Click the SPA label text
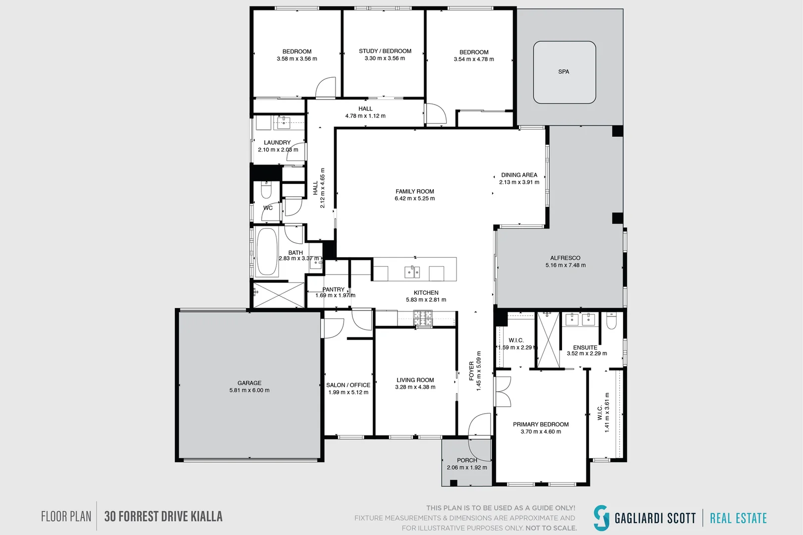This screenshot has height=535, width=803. pos(564,72)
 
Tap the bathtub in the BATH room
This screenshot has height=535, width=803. pos(267,252)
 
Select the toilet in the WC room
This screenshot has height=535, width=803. pos(266,190)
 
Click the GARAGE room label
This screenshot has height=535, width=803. pos(249,383)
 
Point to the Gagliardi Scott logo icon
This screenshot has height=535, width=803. pos(601,518)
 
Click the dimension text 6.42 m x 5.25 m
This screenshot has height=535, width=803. pos(415,198)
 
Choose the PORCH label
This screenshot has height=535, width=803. pos(467,460)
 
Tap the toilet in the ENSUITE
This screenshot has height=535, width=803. pos(612,321)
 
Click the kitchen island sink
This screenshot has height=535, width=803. pos(412,272)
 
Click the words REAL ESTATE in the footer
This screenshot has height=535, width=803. pos(739,518)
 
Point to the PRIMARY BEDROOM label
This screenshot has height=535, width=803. pos(541,424)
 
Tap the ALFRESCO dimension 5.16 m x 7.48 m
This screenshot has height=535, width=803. pos(566,265)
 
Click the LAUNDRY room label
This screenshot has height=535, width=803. pos(277,142)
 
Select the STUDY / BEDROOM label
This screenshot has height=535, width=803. pos(385,51)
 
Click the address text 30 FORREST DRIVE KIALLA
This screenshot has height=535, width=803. pos(164,516)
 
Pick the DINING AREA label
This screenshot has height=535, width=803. pos(519,175)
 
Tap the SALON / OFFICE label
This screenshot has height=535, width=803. pos(348,385)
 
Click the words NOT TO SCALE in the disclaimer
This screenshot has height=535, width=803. pos(551,528)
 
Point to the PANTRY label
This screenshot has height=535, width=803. pos(334,289)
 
